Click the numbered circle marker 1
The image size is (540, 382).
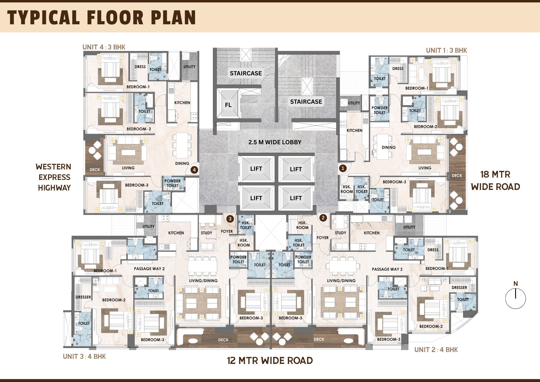343,168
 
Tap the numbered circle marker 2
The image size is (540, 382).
323,218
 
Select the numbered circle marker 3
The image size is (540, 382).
230,219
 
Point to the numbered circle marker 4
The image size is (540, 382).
194,170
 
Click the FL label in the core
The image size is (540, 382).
228,105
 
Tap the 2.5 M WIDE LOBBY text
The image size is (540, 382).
275,142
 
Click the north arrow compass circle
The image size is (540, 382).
515,299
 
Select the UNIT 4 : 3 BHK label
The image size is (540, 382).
104,47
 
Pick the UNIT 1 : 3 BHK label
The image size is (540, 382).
446,51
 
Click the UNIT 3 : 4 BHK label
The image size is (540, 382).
84,357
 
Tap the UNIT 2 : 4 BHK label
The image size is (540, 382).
436,350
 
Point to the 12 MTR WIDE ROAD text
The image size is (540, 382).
270,361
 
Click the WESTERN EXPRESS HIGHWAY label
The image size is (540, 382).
54,177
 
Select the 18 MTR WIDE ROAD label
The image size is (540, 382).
495,180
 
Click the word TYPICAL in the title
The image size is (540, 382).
43,18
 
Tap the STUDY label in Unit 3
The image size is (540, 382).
207,233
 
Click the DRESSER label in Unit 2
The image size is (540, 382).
459,288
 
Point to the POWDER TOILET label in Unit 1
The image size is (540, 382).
380,110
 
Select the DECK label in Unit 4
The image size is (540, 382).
95,170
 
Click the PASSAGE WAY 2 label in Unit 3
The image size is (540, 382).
149,269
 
